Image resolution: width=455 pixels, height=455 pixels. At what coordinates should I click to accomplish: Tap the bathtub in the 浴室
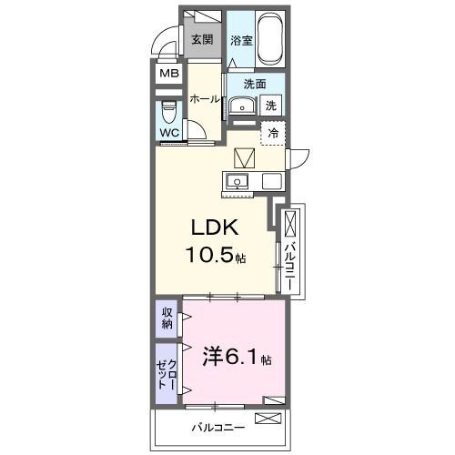pyautogui.click(x=269, y=38)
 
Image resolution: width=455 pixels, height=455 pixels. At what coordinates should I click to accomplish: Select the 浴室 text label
pyautogui.click(x=240, y=40)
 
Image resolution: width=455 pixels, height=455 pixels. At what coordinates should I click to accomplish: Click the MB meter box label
pyautogui.click(x=169, y=74)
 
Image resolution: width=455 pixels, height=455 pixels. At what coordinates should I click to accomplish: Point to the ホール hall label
pyautogui.click(x=205, y=100)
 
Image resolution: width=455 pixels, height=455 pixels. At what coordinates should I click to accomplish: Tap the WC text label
pyautogui.click(x=169, y=133)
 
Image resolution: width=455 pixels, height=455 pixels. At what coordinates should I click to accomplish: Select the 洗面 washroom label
pyautogui.click(x=254, y=84)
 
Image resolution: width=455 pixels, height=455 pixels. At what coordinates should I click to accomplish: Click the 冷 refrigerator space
pyautogui.click(x=273, y=133)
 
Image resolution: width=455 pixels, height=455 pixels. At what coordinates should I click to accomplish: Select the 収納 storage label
pyautogui.click(x=167, y=318)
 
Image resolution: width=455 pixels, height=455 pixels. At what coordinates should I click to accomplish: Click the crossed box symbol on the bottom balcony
pyautogui.click(x=268, y=419)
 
